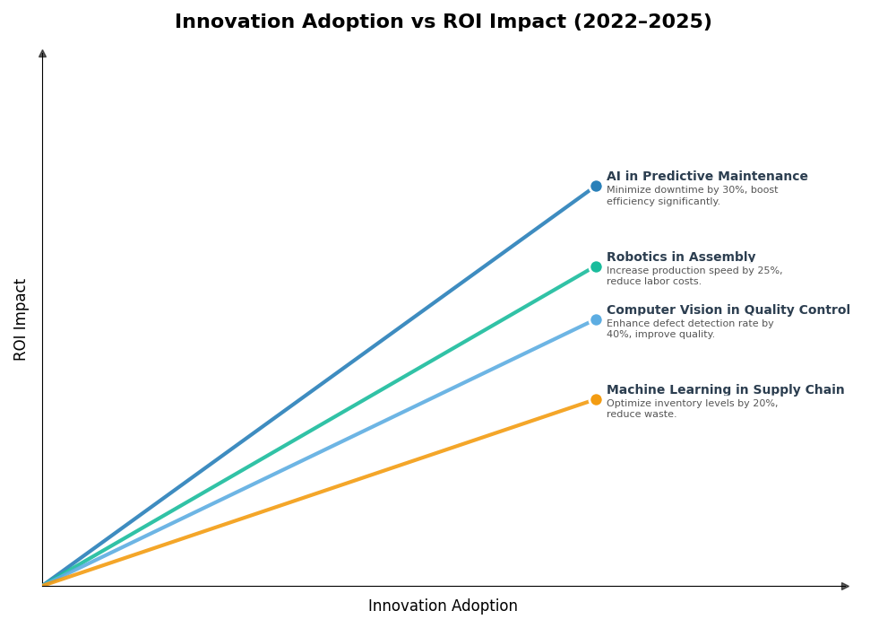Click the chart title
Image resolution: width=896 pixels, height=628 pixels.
[443, 22]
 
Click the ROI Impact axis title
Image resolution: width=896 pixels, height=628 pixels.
[21, 319]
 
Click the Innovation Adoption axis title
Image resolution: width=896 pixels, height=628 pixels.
[443, 606]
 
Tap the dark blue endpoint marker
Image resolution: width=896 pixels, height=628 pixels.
[596, 187]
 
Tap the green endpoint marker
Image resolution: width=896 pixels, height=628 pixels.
[596, 266]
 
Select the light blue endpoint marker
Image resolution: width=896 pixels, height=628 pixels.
[596, 319]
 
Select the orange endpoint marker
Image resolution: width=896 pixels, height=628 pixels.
[596, 399]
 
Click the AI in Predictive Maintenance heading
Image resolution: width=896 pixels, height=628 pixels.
[707, 177]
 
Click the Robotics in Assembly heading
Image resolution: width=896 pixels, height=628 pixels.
[681, 257]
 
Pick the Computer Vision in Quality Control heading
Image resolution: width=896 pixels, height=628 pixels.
[728, 310]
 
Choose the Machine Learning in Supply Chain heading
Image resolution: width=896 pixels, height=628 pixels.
[725, 390]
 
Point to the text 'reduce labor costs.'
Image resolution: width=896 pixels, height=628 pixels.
[654, 282]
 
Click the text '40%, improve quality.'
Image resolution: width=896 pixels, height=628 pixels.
[660, 335]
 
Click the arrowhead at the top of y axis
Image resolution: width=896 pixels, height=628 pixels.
[42, 54]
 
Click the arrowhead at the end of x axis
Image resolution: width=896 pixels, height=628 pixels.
[845, 586]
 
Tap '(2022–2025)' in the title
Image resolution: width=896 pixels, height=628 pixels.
[650, 22]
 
